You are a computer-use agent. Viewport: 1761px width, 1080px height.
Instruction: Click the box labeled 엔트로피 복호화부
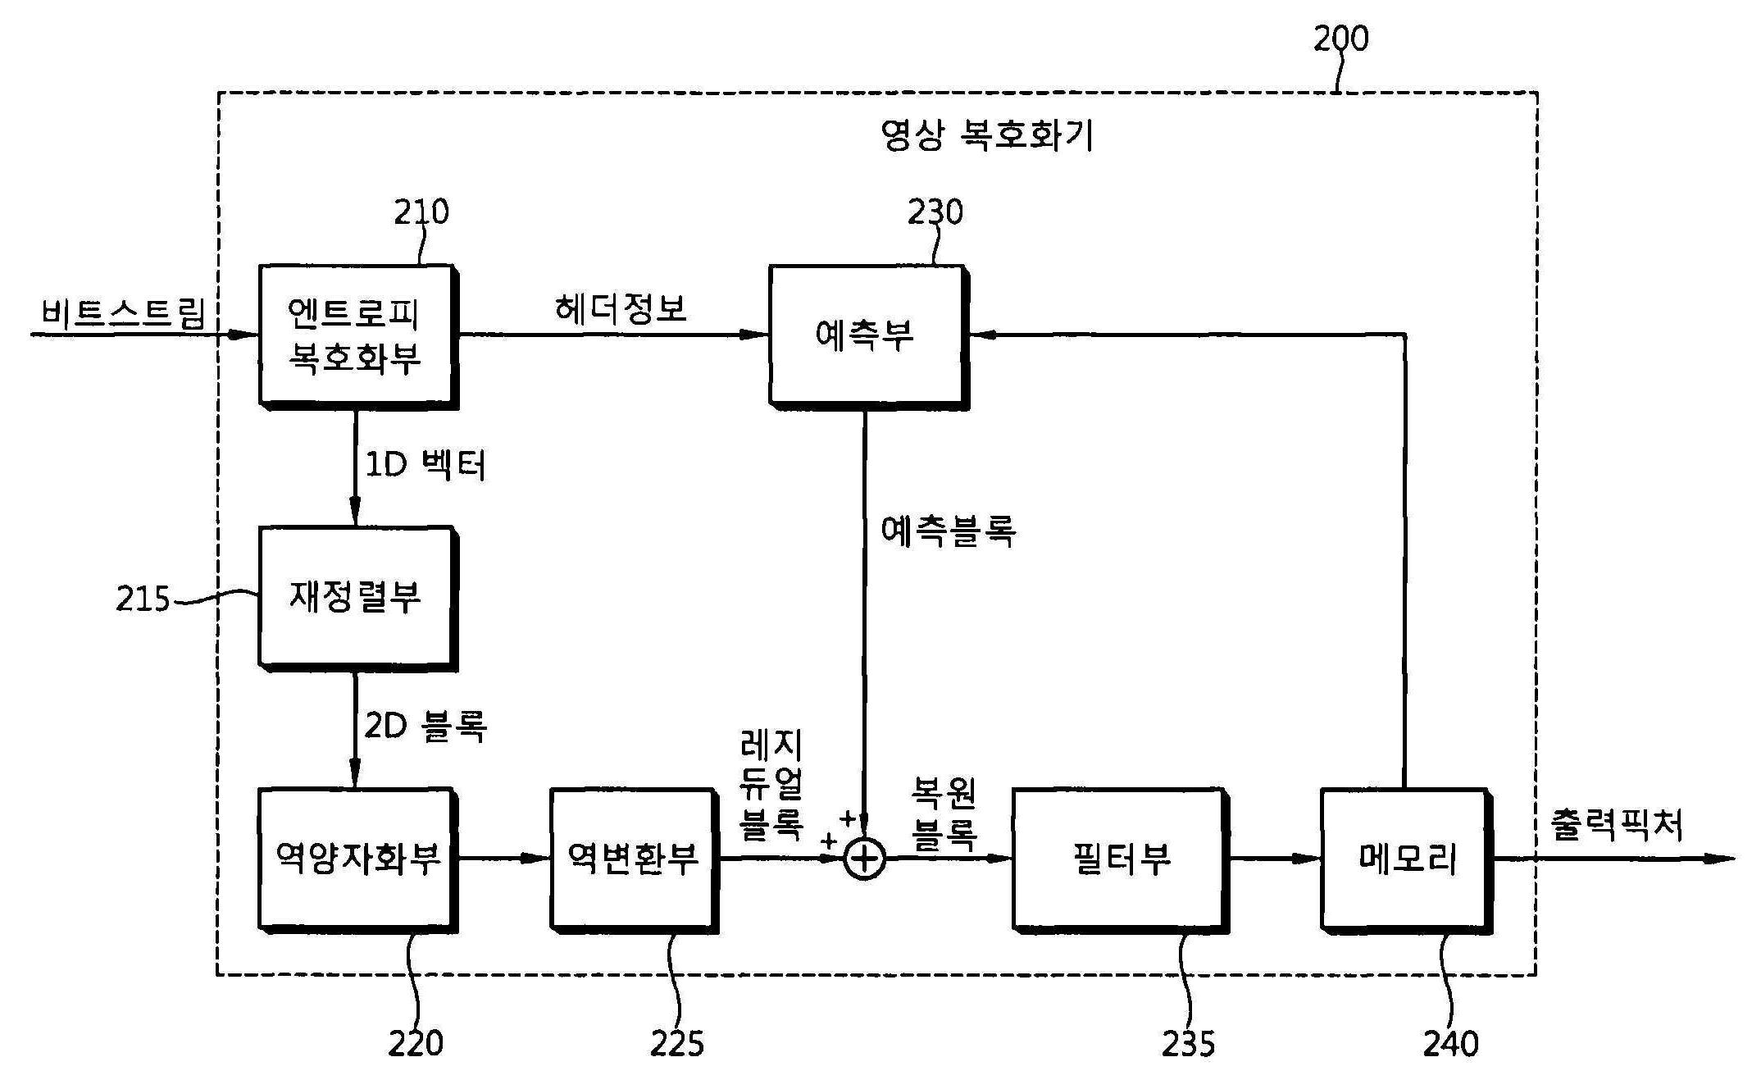click(356, 335)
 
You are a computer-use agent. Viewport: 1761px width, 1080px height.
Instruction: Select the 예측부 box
click(866, 335)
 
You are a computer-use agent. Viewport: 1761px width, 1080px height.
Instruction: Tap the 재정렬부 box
click(356, 596)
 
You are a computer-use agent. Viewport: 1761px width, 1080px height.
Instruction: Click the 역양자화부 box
click(356, 859)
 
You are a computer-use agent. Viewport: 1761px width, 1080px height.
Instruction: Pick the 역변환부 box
click(632, 859)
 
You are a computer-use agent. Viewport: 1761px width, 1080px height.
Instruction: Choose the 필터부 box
click(1119, 859)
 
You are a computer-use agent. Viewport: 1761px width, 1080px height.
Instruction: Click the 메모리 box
click(1404, 859)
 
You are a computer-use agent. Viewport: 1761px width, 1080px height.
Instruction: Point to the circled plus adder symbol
click(865, 859)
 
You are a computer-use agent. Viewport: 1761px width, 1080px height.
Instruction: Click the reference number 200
click(1340, 39)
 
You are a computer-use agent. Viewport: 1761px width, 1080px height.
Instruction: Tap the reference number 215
click(143, 599)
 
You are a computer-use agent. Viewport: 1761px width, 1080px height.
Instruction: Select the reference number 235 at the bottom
click(1188, 1044)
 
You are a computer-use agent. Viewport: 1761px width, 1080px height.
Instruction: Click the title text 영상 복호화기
click(986, 135)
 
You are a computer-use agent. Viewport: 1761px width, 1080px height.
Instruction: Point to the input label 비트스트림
click(123, 312)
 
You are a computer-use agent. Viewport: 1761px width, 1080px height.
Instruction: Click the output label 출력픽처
click(1616, 824)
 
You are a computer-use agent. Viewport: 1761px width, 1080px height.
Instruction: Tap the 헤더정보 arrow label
click(621, 309)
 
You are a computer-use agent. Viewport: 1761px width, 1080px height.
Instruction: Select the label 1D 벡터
click(425, 466)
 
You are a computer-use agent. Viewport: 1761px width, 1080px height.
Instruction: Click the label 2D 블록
click(425, 726)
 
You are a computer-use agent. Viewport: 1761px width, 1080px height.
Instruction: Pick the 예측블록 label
click(949, 531)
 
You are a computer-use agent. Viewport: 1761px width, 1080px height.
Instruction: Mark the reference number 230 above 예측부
click(935, 212)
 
